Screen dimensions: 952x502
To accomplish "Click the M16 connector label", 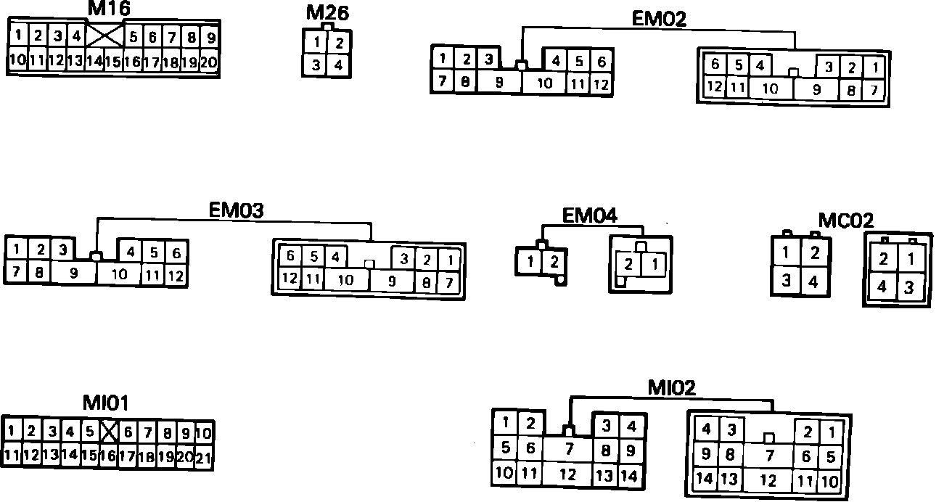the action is [x=109, y=9].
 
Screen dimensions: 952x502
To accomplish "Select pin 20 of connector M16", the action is [x=209, y=62].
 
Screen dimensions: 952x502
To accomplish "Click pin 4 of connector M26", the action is [x=339, y=65].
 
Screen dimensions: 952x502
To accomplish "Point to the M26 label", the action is [x=327, y=13].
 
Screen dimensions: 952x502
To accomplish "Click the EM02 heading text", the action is [x=659, y=19].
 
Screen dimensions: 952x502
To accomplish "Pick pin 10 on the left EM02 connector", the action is [x=544, y=83].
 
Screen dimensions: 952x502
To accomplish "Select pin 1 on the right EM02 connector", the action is [x=876, y=68].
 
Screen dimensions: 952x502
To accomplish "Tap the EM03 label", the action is [x=236, y=210].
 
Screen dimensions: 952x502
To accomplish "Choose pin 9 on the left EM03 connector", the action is [x=74, y=273].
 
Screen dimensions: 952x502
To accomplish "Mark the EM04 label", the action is [x=589, y=215].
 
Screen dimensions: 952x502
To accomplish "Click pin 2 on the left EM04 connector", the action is [x=554, y=261].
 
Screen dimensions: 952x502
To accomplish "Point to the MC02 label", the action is [x=846, y=220].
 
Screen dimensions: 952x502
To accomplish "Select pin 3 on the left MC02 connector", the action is [x=787, y=281].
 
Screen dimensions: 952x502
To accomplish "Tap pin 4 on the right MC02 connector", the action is [x=882, y=287].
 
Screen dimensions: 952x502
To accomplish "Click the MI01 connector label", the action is [x=105, y=403].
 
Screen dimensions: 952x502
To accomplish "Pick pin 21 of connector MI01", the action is [x=204, y=457].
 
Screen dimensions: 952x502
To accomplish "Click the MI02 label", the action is [x=671, y=388].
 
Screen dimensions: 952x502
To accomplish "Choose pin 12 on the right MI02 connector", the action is [x=768, y=480].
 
